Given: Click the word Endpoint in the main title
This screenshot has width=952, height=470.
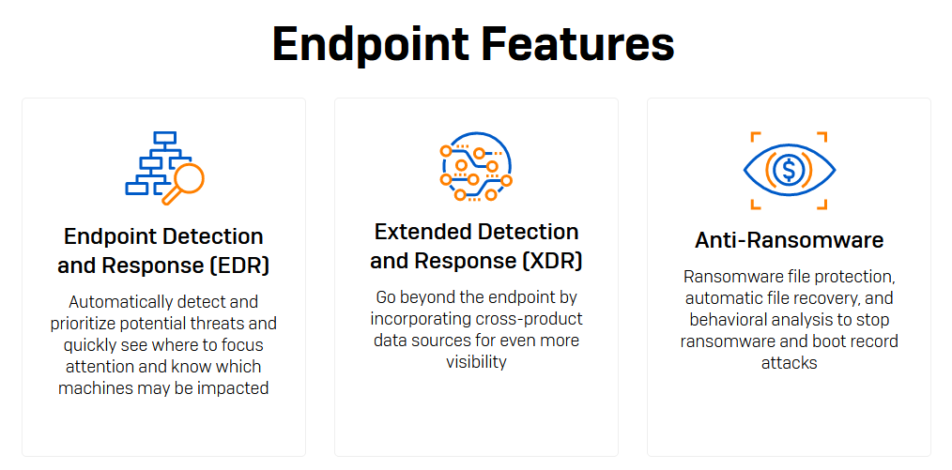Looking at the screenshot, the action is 370,44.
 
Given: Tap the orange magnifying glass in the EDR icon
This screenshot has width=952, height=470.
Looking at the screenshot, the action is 183,183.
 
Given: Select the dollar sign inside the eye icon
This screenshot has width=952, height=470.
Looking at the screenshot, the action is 789,171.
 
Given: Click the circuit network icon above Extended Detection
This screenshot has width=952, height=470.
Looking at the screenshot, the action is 476,166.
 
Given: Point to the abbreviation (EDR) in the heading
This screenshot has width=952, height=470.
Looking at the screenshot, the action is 241,265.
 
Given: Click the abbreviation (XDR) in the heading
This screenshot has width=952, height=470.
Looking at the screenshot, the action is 553,261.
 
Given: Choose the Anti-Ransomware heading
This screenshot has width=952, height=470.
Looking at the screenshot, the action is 789,241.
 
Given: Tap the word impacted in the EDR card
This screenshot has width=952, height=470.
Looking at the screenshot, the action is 233,388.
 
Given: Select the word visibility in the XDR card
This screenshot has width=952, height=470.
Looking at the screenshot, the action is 476,362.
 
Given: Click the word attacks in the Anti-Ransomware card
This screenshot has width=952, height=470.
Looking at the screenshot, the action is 789,363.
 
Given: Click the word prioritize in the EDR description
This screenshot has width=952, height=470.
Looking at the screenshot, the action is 85,324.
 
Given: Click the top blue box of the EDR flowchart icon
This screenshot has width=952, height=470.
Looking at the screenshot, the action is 164,138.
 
